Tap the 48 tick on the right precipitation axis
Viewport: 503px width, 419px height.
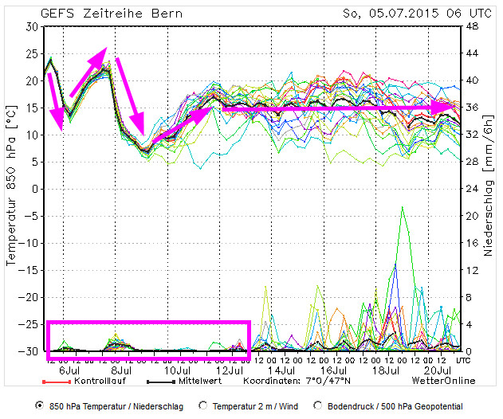[x=470, y=26]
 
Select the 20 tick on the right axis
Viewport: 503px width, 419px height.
[x=470, y=216]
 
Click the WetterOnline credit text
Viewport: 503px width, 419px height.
[x=442, y=381]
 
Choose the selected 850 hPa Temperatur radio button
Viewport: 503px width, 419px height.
[x=40, y=405]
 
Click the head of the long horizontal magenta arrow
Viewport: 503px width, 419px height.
[x=453, y=107]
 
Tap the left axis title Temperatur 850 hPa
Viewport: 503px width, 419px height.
[x=12, y=189]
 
